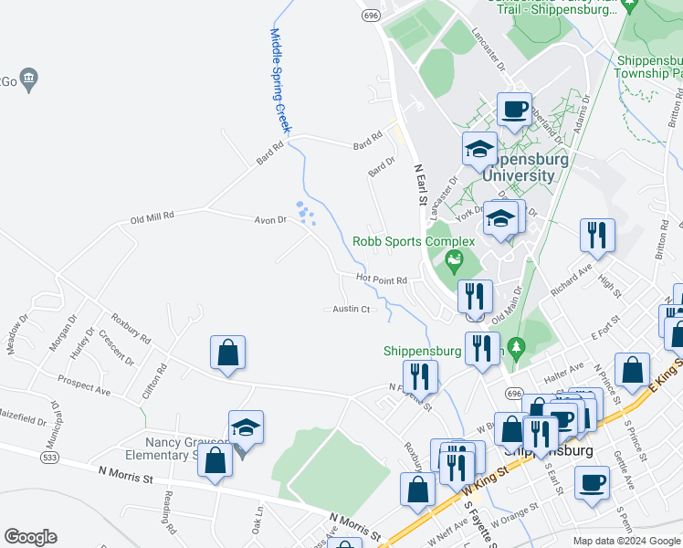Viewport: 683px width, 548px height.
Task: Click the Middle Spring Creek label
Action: [x=279, y=80]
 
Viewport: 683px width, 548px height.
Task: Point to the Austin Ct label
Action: [x=351, y=309]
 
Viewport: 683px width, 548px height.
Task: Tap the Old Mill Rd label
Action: [x=152, y=217]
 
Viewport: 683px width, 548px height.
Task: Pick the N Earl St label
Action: [x=421, y=184]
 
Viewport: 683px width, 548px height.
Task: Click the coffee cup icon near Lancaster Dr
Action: [x=514, y=111]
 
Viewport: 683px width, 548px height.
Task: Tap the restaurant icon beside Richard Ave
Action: [x=597, y=236]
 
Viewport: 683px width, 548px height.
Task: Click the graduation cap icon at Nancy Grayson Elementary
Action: [x=245, y=427]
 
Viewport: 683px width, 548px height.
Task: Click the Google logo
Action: [x=31, y=536]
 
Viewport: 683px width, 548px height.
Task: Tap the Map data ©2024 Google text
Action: [x=625, y=541]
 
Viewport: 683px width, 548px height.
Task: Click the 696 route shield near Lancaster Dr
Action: [x=370, y=16]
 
